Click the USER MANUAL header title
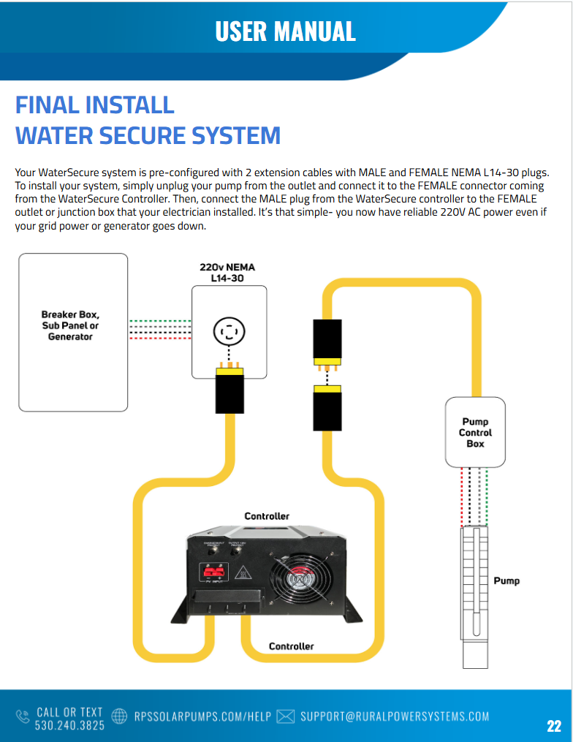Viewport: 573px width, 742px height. tap(285, 31)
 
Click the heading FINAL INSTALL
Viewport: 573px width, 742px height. tap(95, 105)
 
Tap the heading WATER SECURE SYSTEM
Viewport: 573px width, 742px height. tap(148, 136)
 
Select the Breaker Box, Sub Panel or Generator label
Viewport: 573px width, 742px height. tap(70, 326)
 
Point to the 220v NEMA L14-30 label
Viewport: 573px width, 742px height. tap(227, 273)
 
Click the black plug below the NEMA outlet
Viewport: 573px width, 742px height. tap(229, 391)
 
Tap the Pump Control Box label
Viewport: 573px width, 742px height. tap(475, 433)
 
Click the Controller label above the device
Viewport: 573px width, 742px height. tap(267, 516)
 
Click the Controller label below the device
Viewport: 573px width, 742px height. tap(291, 646)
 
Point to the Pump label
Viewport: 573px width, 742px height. tap(506, 580)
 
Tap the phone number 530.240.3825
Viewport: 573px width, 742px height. tap(69, 724)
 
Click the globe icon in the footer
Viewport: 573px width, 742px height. tap(120, 716)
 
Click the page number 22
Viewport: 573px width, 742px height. tap(554, 726)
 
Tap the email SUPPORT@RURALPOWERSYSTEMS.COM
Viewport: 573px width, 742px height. tap(395, 716)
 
